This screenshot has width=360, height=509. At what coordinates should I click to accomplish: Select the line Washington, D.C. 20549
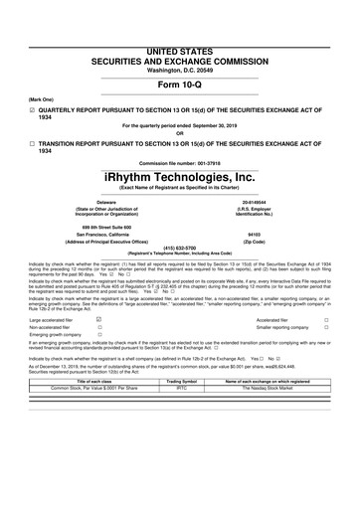[x=180, y=42]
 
